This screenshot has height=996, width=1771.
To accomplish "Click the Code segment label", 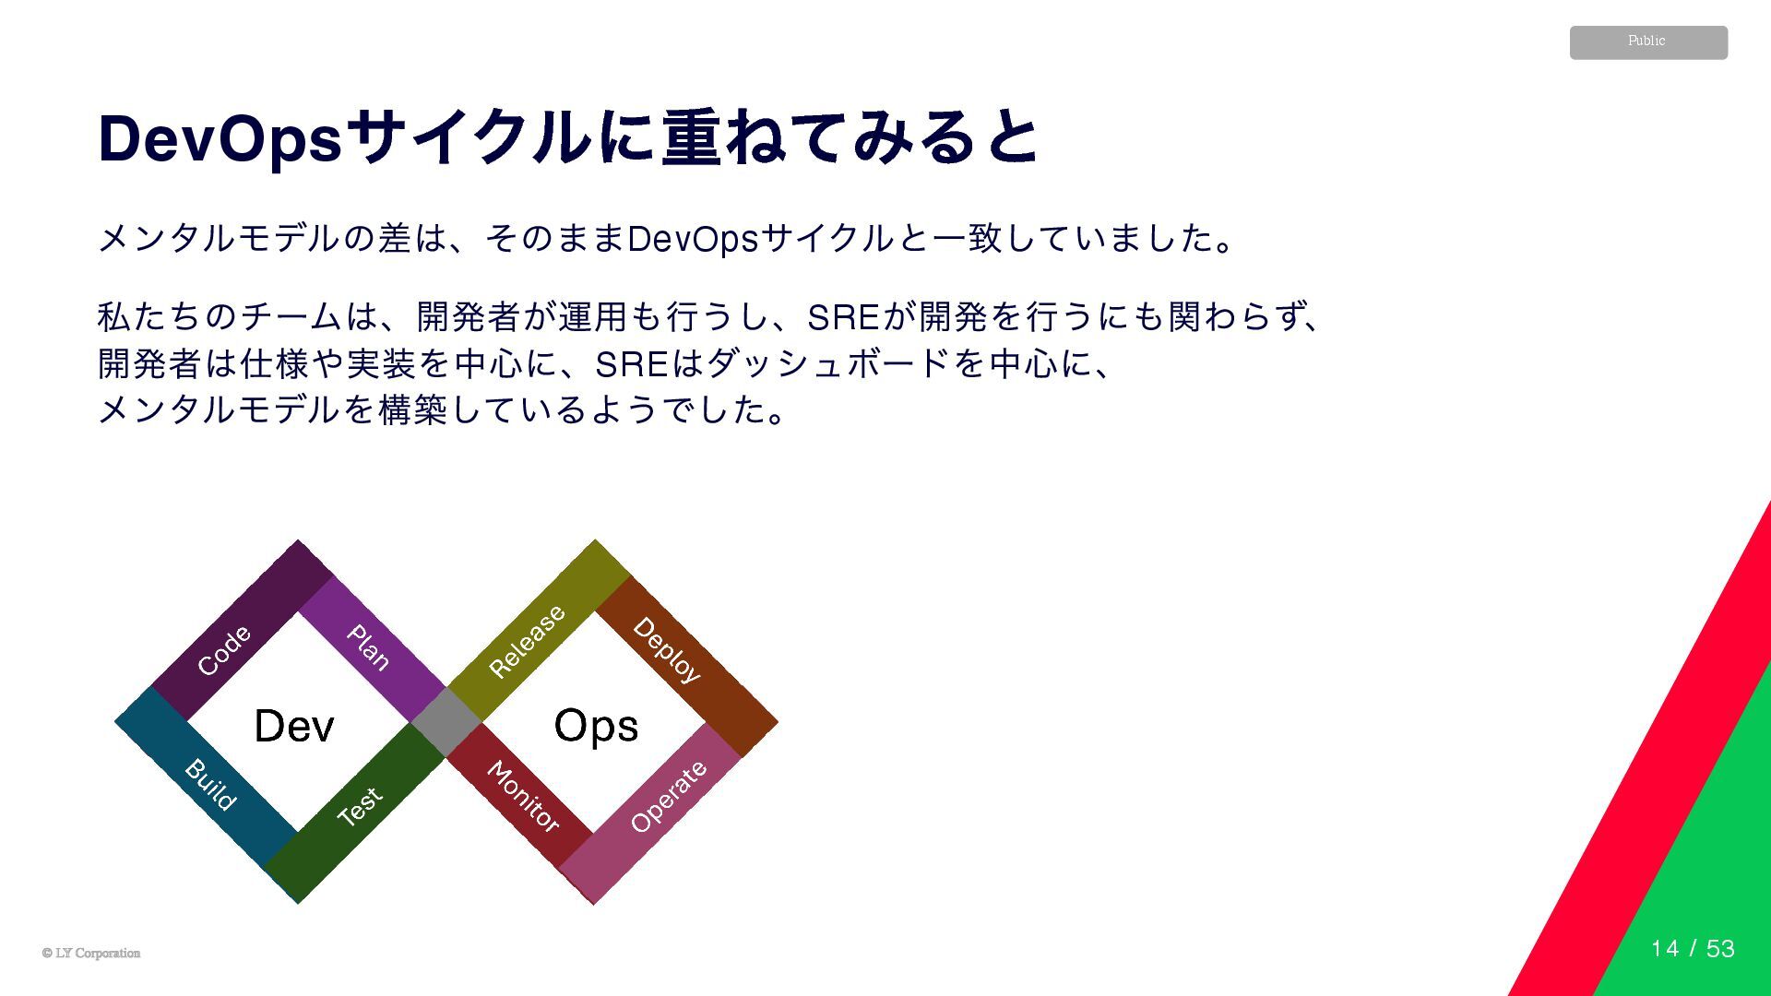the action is click(x=224, y=650).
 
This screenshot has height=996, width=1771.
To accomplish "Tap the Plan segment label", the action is click(x=368, y=646).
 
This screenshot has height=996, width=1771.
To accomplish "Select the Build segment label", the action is click(x=210, y=785).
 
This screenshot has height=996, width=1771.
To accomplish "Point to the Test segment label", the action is click(x=359, y=807).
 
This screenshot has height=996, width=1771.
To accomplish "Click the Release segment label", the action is click(x=527, y=641).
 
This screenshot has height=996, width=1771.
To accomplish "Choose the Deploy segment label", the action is click(x=667, y=650).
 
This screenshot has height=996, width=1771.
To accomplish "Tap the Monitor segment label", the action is click(x=523, y=797).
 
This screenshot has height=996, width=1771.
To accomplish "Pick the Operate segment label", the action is click(x=669, y=797).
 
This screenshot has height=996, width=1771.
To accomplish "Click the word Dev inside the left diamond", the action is click(x=294, y=726).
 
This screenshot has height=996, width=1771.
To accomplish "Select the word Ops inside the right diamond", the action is click(x=596, y=726).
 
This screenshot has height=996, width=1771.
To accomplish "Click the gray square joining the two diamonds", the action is click(x=446, y=723).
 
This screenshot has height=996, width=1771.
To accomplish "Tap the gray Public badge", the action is click(x=1648, y=42).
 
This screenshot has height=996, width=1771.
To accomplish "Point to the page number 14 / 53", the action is click(x=1693, y=949).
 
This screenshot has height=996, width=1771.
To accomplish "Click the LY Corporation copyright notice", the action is click(x=91, y=954).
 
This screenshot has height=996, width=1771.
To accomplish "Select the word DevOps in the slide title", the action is click(x=220, y=139).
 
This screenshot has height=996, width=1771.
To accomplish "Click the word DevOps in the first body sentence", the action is click(x=692, y=239).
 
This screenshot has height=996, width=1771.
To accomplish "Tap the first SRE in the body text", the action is click(x=843, y=317).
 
